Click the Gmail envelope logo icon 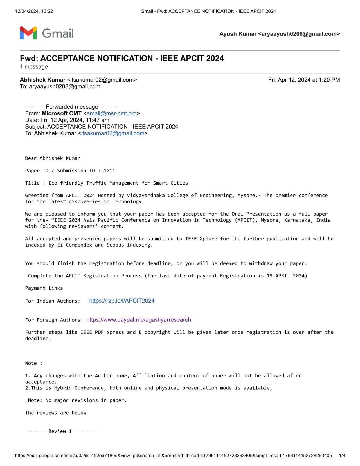point(28,33)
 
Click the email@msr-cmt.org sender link point(111,113)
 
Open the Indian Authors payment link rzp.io point(121,301)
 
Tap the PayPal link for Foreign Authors point(138,320)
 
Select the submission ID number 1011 point(109,171)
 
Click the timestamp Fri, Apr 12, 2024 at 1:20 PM point(304,80)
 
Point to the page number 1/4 point(342,456)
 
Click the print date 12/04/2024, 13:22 point(34,11)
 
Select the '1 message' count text point(34,67)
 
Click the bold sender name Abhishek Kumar point(43,80)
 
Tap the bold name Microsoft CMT point(62,113)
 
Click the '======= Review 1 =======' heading point(60,431)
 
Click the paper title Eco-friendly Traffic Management point(118,183)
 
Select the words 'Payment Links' point(44,288)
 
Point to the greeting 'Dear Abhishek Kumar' point(53,158)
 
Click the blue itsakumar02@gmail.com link point(112,133)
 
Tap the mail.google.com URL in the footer point(173,456)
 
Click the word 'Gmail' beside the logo point(58,33)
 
